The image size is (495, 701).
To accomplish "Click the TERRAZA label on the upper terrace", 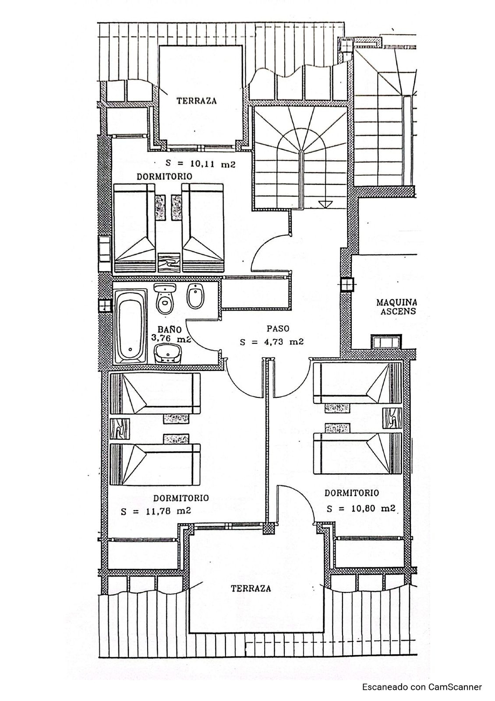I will (x=197, y=101).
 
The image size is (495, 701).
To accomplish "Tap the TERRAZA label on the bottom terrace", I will (x=251, y=588).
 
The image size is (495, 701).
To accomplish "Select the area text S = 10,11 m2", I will (x=201, y=164).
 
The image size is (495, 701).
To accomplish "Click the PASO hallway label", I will (x=278, y=328).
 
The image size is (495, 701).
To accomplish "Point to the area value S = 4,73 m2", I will (x=272, y=342).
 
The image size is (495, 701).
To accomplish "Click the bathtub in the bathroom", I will (x=131, y=326).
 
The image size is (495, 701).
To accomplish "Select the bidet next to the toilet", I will (x=193, y=296).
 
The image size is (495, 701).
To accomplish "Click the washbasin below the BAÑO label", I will (x=168, y=353).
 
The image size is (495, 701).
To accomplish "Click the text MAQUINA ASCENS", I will (x=396, y=307).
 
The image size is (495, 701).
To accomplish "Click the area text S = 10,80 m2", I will (x=361, y=508).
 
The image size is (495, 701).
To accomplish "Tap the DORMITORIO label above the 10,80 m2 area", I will (x=351, y=493).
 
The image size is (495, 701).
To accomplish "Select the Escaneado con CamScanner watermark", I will (x=422, y=687).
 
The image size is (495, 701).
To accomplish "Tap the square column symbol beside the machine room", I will (x=347, y=284).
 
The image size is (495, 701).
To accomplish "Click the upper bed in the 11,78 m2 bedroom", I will (x=155, y=393).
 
